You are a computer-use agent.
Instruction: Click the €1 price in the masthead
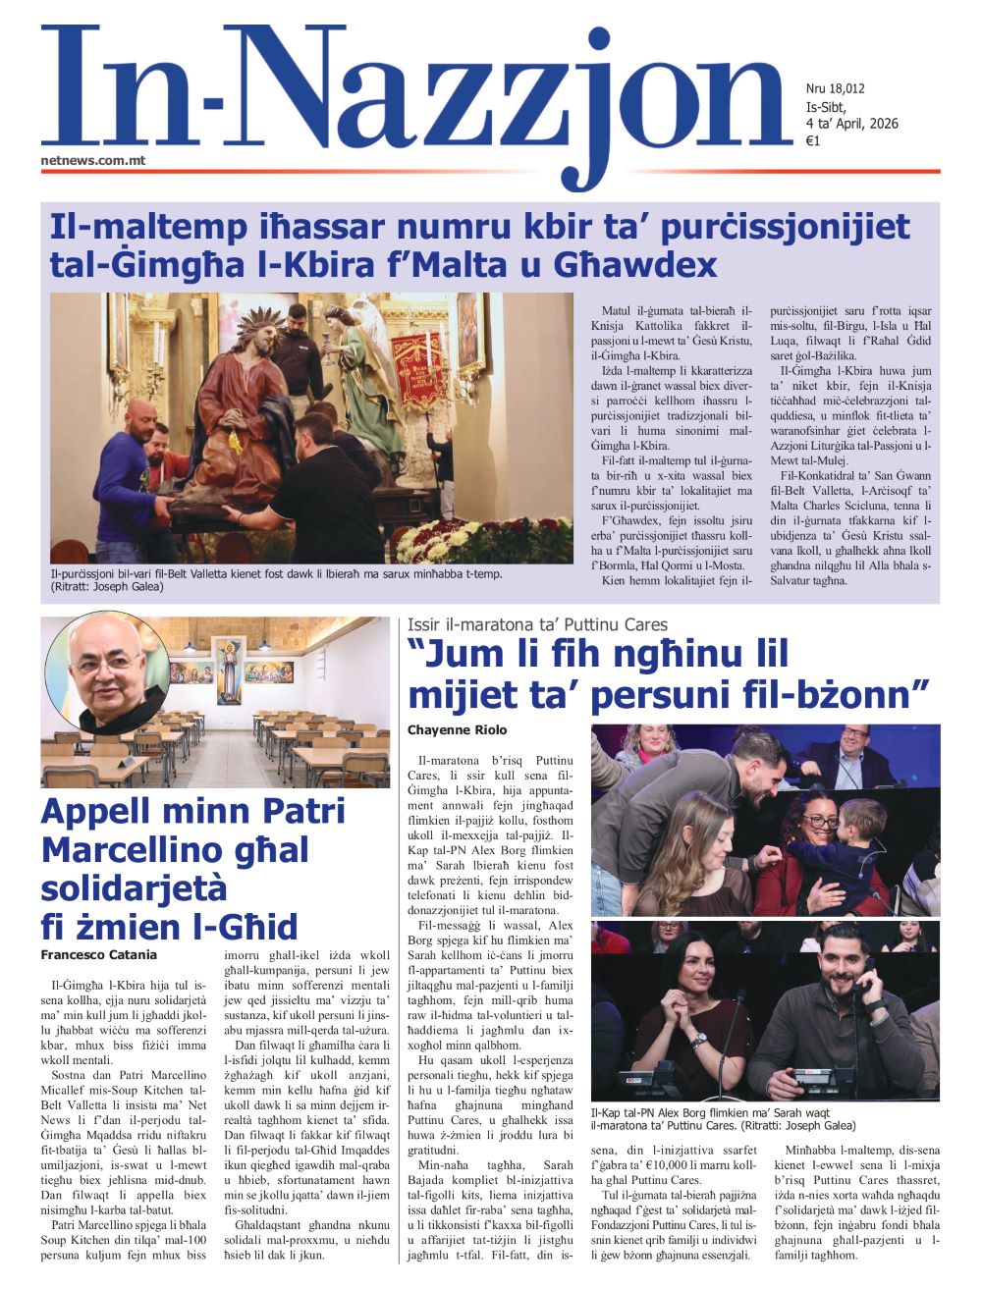tap(813, 140)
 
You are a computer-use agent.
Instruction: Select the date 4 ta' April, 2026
tap(851, 124)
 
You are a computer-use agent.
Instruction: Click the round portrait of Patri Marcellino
tap(107, 672)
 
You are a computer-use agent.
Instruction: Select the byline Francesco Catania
tap(99, 954)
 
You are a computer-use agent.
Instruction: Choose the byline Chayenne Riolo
tap(458, 729)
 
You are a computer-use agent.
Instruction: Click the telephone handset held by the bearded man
tap(865, 976)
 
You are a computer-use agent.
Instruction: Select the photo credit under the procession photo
tap(108, 587)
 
